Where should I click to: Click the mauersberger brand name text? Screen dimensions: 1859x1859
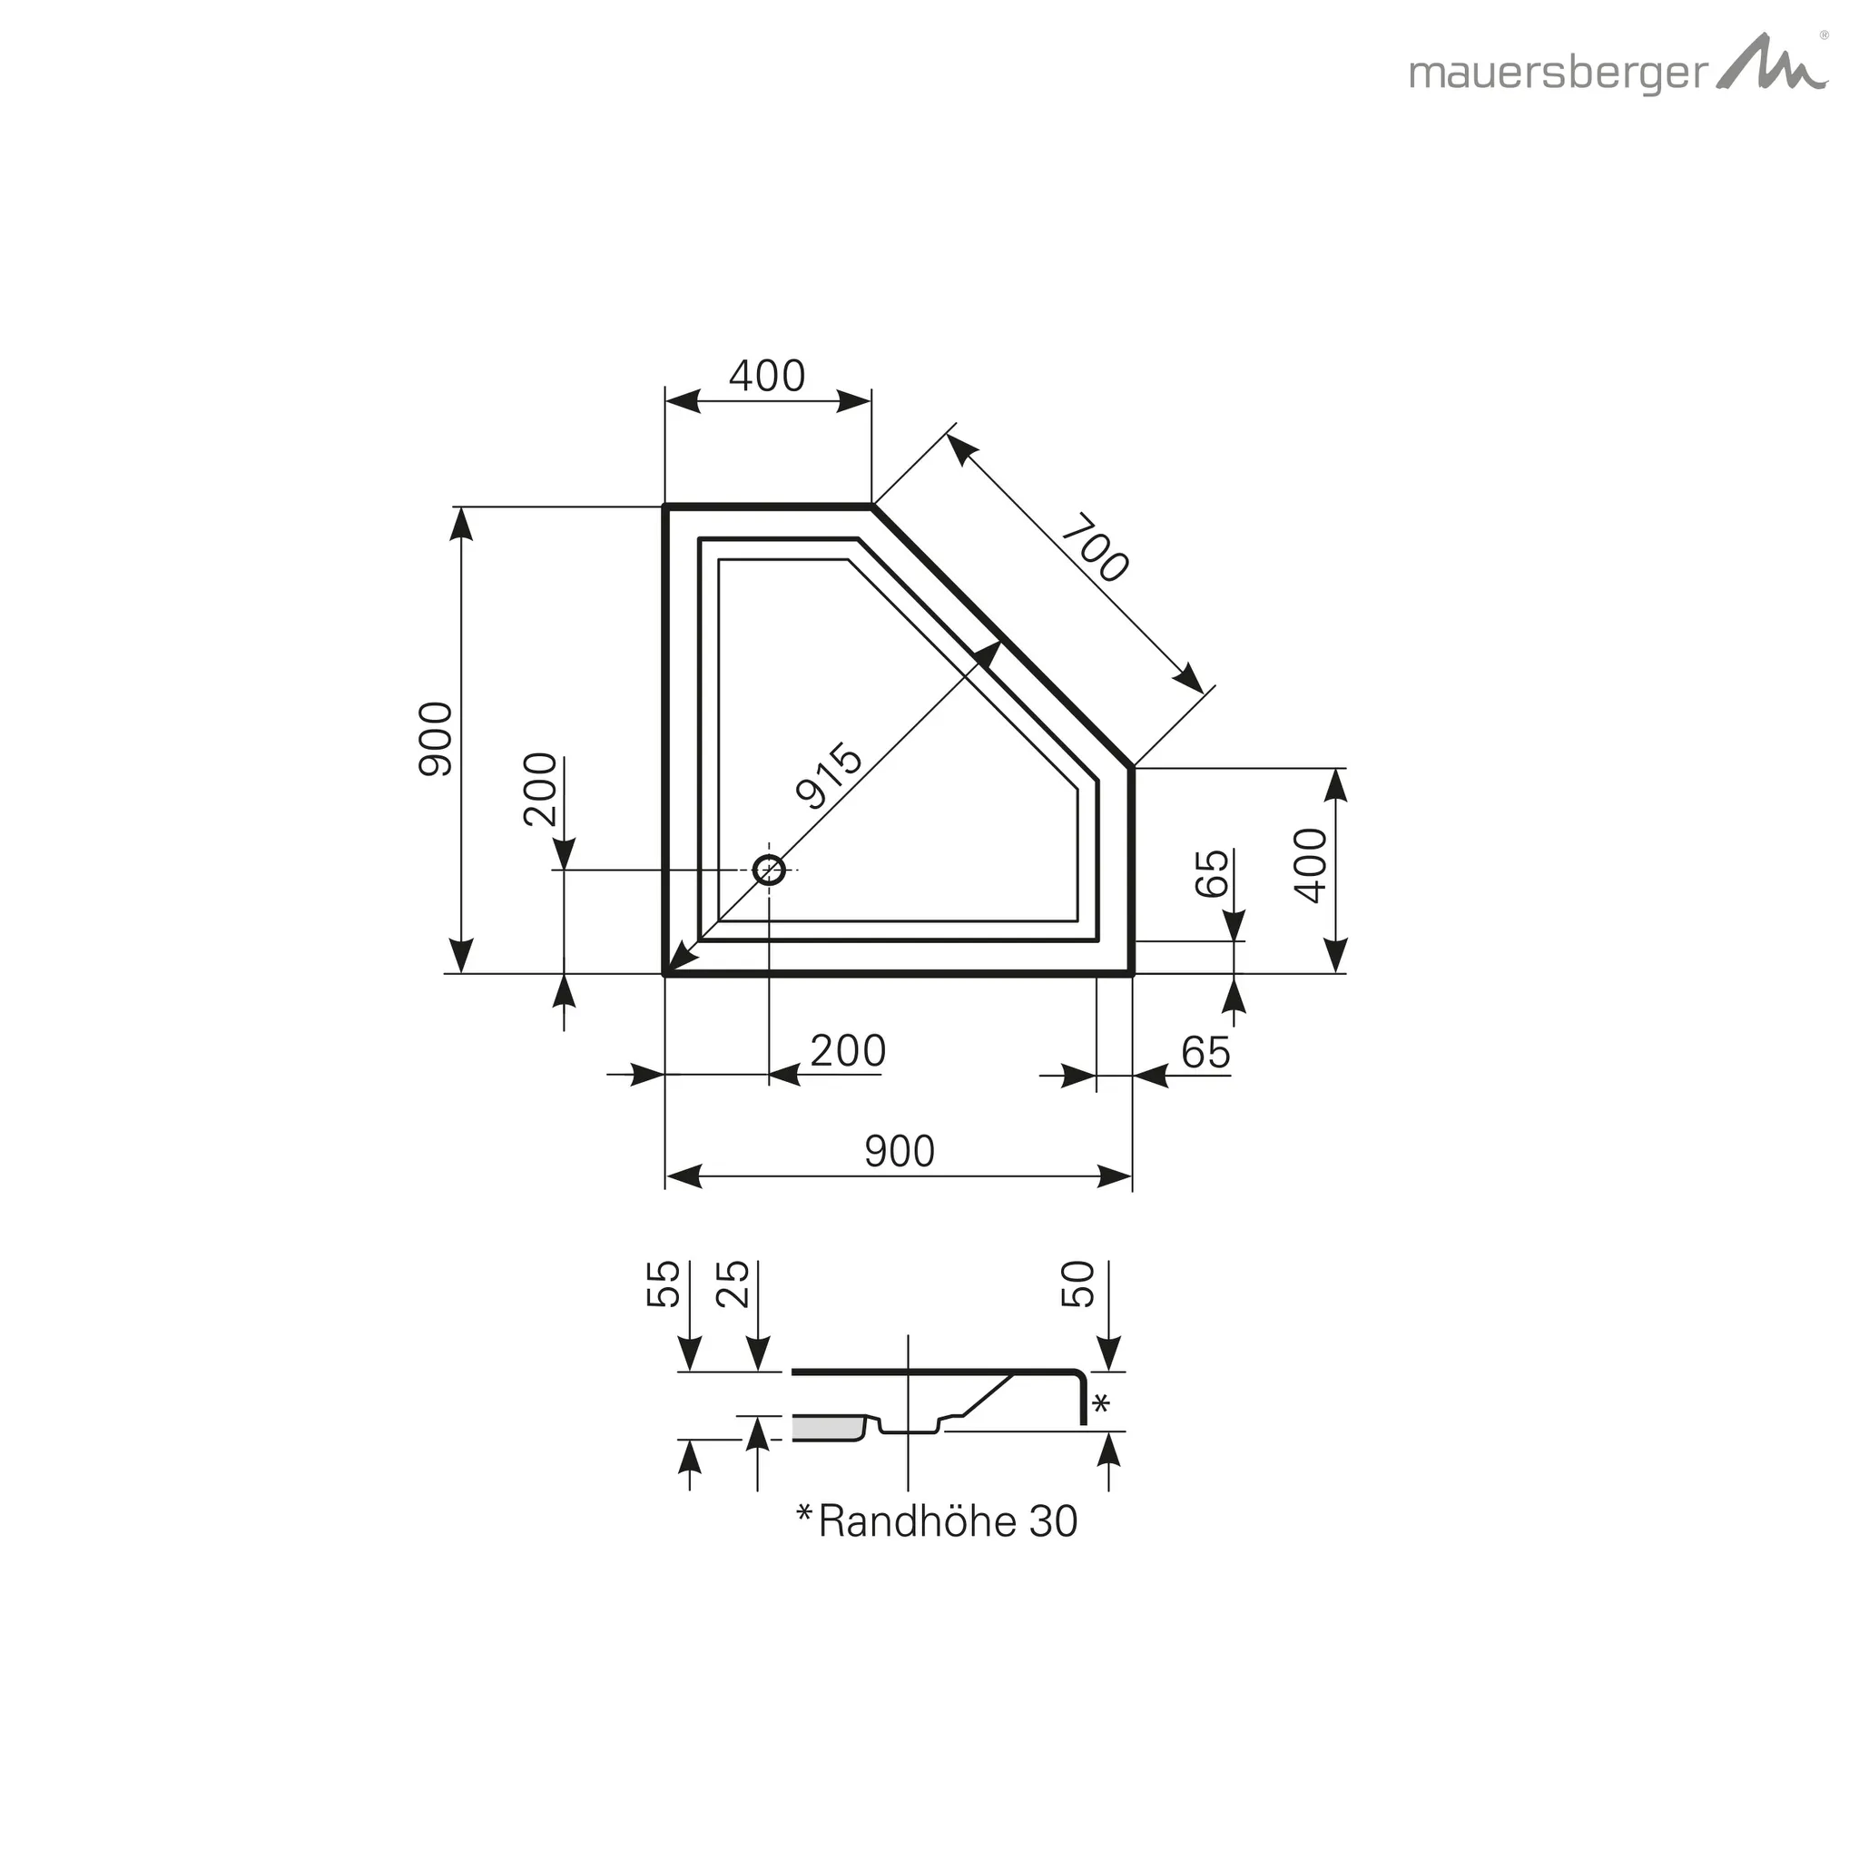tap(1558, 75)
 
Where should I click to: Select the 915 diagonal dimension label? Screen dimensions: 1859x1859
tap(829, 774)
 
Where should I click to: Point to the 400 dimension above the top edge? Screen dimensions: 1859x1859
tap(767, 375)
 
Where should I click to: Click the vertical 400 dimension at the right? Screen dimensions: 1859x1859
tap(1311, 865)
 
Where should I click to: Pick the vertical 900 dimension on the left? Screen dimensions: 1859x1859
tap(436, 739)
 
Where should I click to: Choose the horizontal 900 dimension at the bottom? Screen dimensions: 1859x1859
tap(899, 1152)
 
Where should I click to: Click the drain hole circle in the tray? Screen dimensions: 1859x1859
tap(769, 870)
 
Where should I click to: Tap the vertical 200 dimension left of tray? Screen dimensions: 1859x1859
tap(541, 789)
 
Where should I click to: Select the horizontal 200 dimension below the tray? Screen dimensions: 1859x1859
tap(847, 1051)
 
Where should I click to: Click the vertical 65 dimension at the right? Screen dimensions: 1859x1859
tap(1213, 871)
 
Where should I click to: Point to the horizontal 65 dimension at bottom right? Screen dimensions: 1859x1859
tap(1205, 1053)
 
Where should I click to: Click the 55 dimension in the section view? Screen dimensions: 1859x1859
tap(663, 1284)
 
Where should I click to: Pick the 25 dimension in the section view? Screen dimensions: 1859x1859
tap(733, 1284)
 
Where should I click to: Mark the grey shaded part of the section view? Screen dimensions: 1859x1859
tap(828, 1429)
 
